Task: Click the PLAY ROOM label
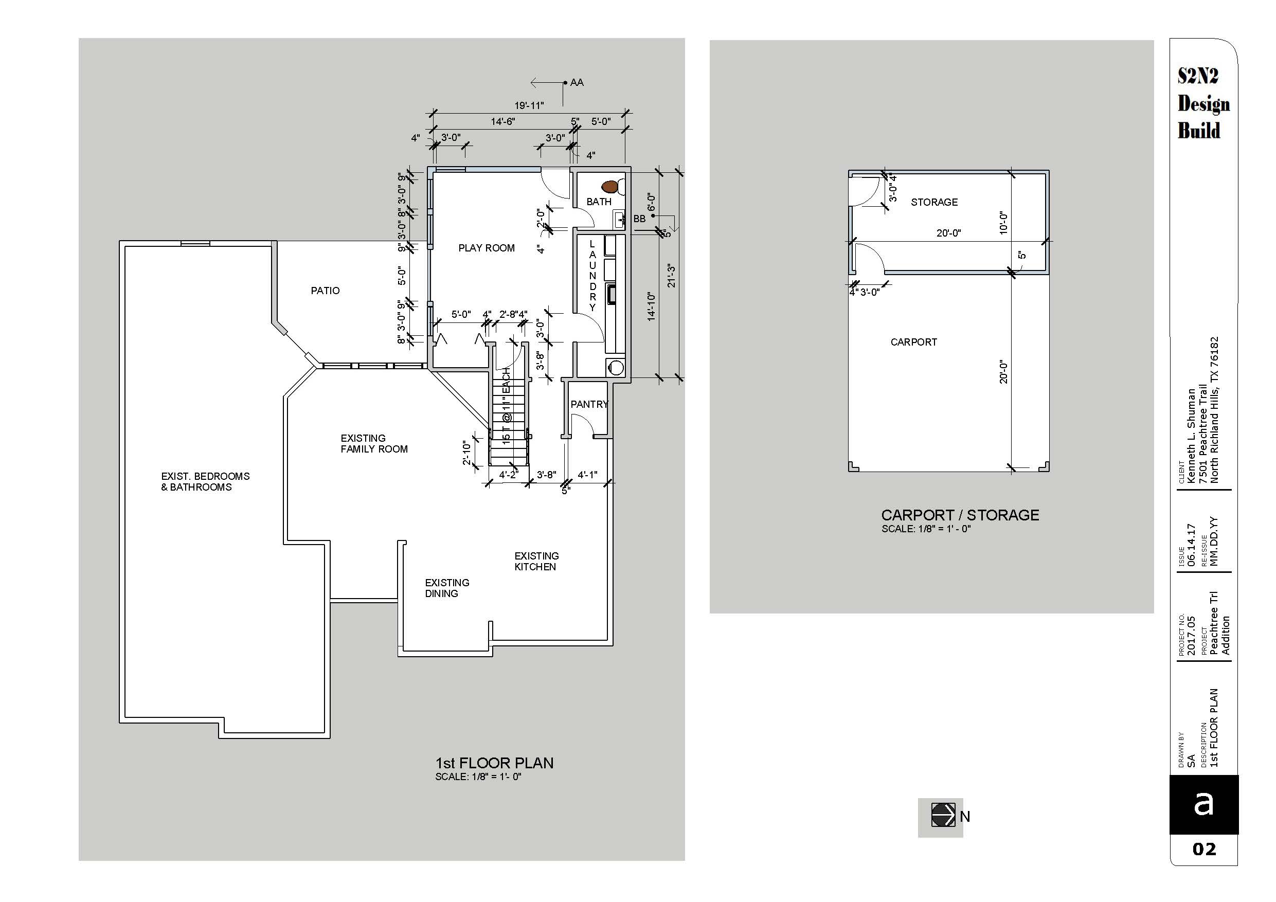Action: point(487,248)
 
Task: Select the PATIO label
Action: point(325,290)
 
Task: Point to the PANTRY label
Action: point(589,404)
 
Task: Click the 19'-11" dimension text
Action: point(529,105)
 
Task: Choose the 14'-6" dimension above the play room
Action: point(502,121)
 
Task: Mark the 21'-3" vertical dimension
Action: point(671,276)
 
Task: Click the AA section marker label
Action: point(577,82)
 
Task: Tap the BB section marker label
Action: point(639,219)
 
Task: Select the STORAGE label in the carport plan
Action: point(934,202)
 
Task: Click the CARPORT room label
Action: point(913,342)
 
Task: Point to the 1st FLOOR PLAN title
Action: point(494,763)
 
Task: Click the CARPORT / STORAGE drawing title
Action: point(960,515)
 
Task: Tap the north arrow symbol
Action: point(943,815)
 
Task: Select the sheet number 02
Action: point(1204,849)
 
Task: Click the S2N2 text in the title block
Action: point(1198,76)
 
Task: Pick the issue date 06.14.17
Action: point(1191,545)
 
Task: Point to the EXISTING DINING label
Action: point(447,587)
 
